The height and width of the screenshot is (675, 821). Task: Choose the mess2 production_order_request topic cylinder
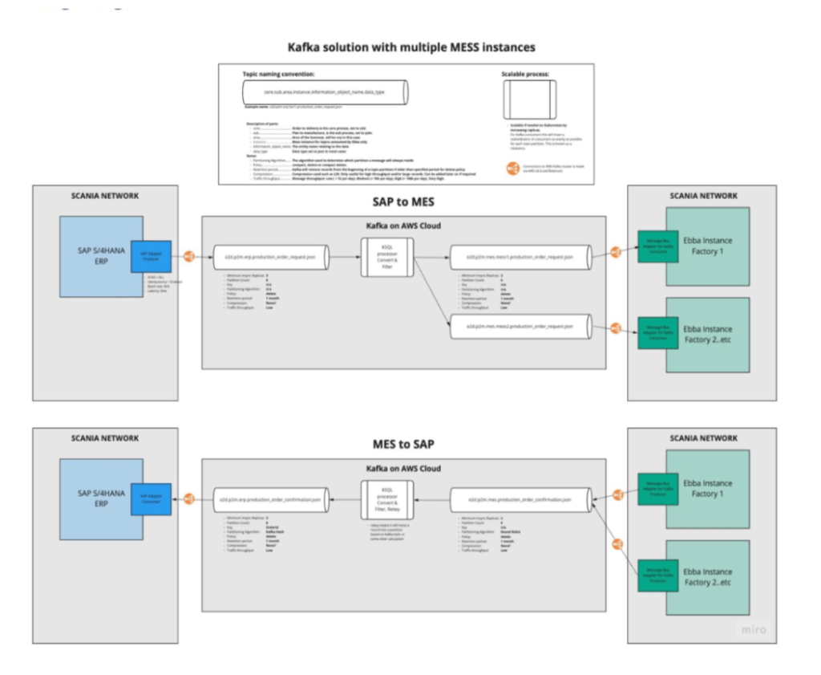pyautogui.click(x=518, y=327)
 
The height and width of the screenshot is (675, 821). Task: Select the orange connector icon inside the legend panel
pyautogui.click(x=512, y=168)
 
